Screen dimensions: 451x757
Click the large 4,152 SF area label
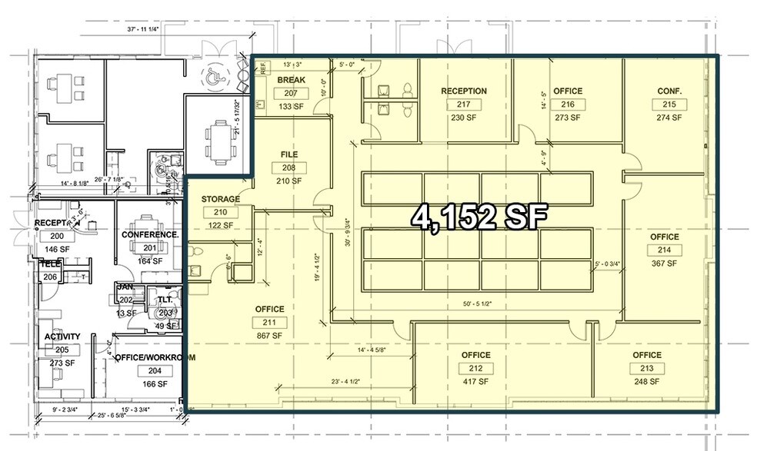[479, 217]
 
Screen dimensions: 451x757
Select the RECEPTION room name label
[463, 91]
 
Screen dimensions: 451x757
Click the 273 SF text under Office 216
[568, 118]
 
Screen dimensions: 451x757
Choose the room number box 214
[664, 250]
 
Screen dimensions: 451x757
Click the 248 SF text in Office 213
[647, 381]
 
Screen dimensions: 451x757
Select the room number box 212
[475, 368]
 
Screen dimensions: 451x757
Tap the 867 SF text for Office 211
[270, 336]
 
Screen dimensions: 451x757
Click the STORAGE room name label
[221, 199]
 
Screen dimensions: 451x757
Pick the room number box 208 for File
[288, 167]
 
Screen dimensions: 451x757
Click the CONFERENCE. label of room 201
[150, 234]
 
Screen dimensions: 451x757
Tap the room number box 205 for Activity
[62, 350]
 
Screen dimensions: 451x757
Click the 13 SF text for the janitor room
[125, 313]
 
